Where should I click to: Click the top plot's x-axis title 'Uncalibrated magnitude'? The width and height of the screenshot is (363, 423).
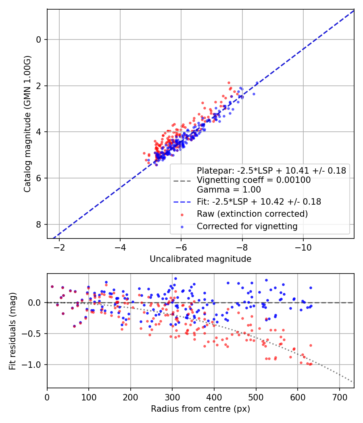point(200,259)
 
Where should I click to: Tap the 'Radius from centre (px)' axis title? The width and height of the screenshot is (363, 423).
point(200,409)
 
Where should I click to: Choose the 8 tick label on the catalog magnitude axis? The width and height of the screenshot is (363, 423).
point(39,224)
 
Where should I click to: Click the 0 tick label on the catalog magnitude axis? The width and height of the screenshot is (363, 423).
point(39,39)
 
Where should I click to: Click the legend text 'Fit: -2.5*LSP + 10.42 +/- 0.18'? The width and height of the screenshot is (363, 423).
point(259,202)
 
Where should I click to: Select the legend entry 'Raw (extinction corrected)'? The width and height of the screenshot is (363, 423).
point(252,214)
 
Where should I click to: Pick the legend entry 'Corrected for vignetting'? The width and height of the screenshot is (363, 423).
point(247,226)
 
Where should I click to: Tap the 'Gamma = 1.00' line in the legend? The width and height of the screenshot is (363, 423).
point(229,190)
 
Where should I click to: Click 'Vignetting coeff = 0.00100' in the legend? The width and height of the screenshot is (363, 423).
point(254,180)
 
